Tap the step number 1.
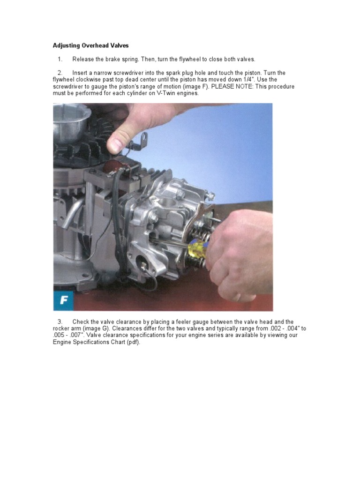coord(60,59)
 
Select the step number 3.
coord(60,322)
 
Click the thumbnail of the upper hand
coord(114,143)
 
